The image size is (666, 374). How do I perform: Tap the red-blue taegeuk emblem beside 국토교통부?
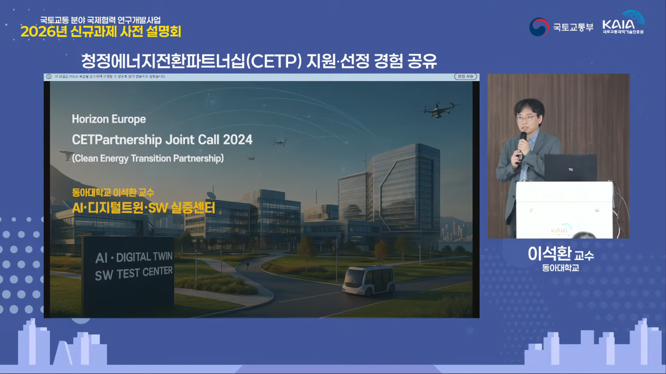539,27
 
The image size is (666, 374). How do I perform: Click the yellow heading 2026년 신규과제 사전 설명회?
101,32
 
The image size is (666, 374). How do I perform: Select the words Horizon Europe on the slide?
109,119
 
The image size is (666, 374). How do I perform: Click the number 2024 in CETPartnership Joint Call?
238,139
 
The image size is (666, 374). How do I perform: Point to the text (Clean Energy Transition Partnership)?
148,158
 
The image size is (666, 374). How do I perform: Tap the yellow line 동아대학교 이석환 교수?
113,193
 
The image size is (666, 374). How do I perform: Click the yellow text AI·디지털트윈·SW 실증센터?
144,208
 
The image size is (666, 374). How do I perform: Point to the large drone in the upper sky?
438,109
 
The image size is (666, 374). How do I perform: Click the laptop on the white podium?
570,168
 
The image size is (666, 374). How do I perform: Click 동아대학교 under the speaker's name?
560,269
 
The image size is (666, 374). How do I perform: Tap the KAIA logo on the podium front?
559,230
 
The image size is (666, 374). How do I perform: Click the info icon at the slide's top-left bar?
49,77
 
